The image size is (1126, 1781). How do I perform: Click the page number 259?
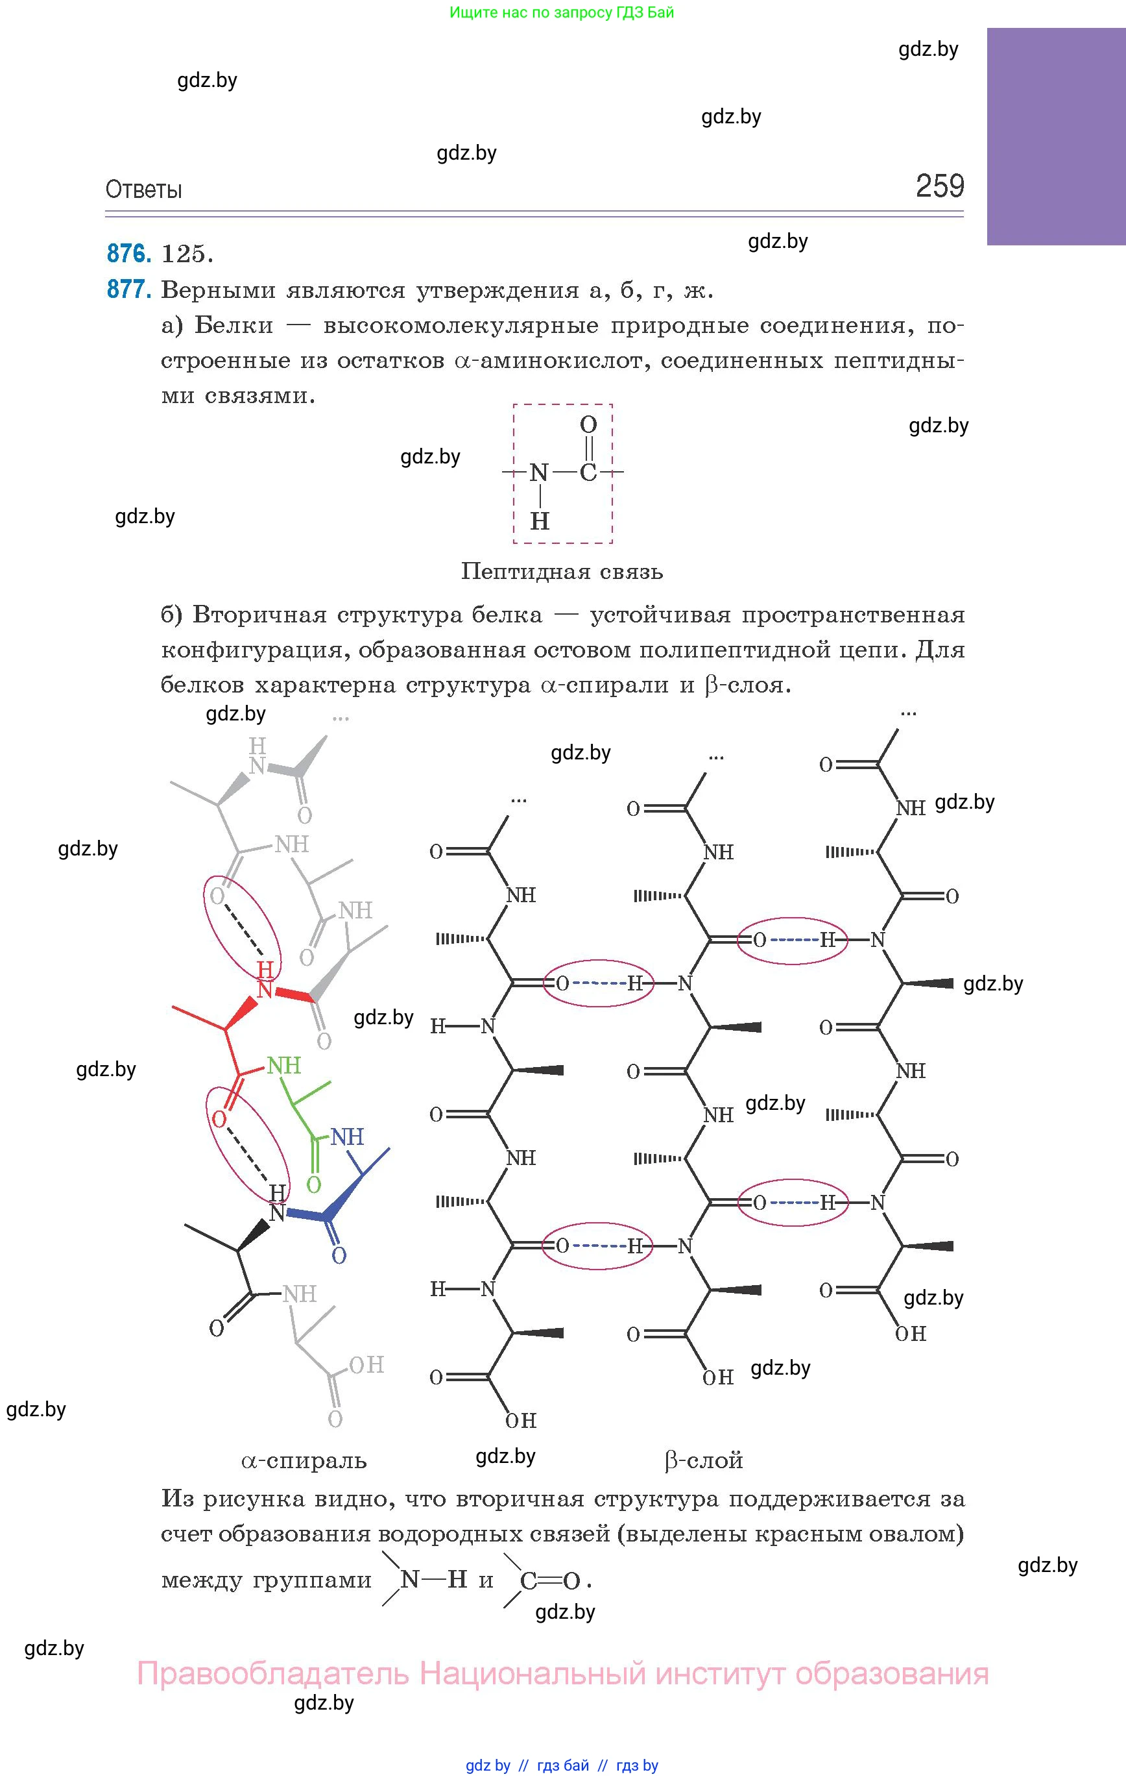point(940,186)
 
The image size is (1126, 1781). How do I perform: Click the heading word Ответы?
point(143,190)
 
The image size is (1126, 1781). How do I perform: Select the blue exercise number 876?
point(129,254)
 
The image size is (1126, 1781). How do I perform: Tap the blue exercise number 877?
point(129,289)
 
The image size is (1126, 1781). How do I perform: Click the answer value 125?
point(187,254)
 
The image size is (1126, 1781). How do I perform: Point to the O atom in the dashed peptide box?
point(588,424)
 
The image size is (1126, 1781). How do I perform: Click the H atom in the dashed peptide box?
point(540,521)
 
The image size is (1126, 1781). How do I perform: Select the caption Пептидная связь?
point(562,572)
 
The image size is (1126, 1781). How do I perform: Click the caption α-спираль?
point(304,1461)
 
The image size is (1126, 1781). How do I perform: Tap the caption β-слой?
point(704,1461)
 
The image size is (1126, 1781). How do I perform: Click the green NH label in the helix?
point(284,1066)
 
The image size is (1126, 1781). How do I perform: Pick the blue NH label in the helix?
point(347,1136)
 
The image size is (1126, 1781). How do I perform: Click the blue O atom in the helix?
point(339,1255)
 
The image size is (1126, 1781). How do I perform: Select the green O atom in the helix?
point(313,1185)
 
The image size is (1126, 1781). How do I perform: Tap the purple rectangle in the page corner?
point(1057,137)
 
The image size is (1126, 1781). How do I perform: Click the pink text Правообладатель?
point(273,1674)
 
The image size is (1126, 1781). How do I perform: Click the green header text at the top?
point(562,12)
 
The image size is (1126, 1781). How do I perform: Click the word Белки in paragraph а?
point(234,325)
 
